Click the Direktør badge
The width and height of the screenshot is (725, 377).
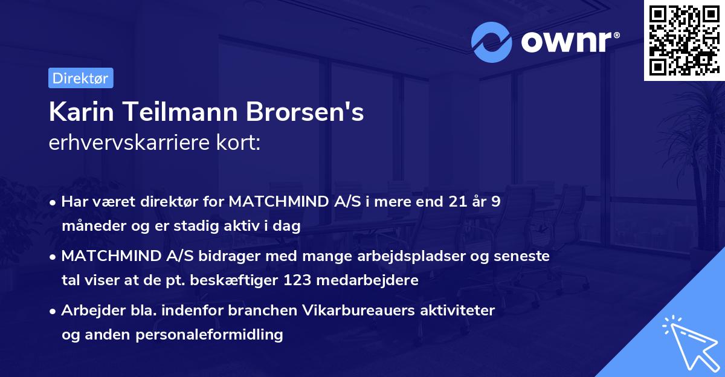[x=80, y=78]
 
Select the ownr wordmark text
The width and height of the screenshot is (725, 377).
[x=566, y=42]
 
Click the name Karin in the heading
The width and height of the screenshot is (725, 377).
[x=75, y=112]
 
